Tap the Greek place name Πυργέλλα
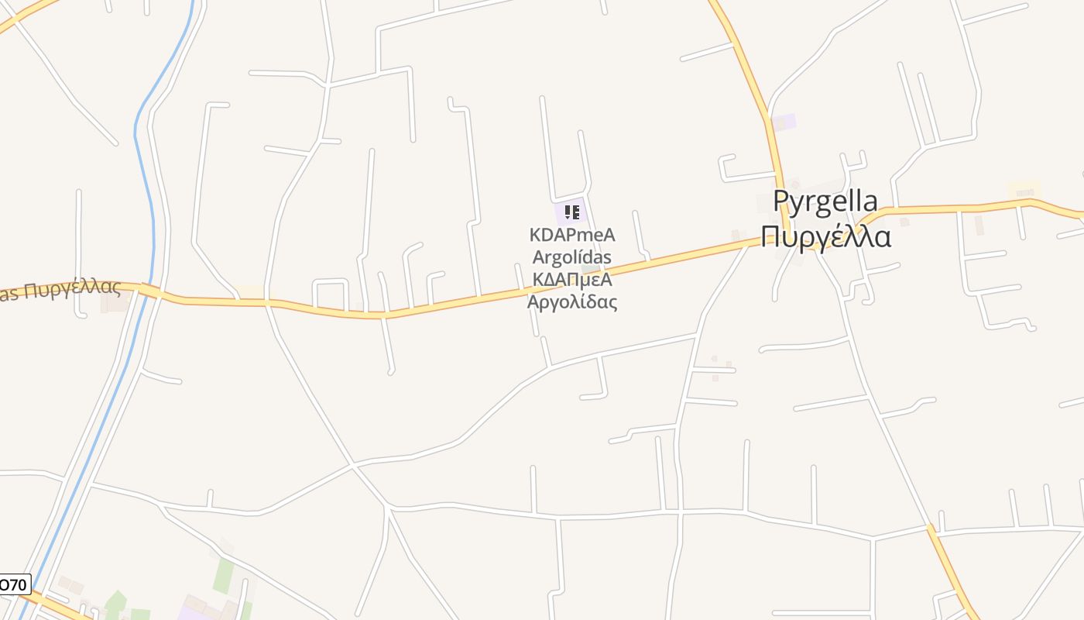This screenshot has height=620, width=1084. pyautogui.click(x=825, y=236)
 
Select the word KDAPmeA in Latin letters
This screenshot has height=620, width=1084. pyautogui.click(x=572, y=235)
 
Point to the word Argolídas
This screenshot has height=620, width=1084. pyautogui.click(x=572, y=257)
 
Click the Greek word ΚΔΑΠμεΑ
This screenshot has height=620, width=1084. pyautogui.click(x=572, y=279)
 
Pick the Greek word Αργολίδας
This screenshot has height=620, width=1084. pyautogui.click(x=572, y=301)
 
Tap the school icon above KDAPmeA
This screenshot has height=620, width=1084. pyautogui.click(x=572, y=212)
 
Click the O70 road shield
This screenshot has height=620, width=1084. pyautogui.click(x=13, y=584)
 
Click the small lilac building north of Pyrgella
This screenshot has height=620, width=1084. pyautogui.click(x=784, y=122)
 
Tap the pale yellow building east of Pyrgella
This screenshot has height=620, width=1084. pyautogui.click(x=1024, y=189)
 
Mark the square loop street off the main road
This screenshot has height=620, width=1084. pyautogui.click(x=330, y=293)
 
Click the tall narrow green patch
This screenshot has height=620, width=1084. pyautogui.click(x=224, y=576)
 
